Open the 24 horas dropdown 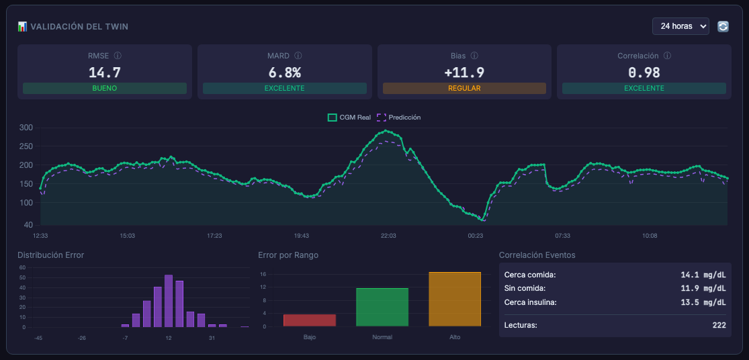coord(680,26)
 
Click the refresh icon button coord(723,27)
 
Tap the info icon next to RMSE coord(118,56)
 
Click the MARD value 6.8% coord(284,73)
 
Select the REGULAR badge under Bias coord(464,89)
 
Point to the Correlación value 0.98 coord(644,73)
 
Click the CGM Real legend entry coord(349,118)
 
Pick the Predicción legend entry coord(399,118)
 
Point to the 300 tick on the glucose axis coord(26,128)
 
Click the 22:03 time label coord(388,236)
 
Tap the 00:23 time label coord(476,236)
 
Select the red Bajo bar coord(310,320)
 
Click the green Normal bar coord(382,308)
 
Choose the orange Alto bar coord(455,300)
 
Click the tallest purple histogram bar coord(169,302)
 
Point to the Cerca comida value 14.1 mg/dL coord(703,275)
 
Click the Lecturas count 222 coord(718,326)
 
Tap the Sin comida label coord(525,288)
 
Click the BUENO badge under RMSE coord(105,89)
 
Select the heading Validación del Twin coord(79,27)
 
